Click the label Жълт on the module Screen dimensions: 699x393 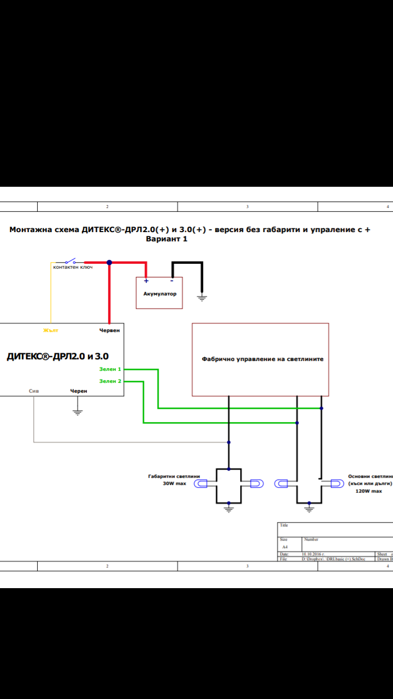[x=51, y=330]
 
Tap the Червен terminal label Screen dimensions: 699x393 [x=109, y=330]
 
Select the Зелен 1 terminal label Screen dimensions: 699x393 [x=110, y=370]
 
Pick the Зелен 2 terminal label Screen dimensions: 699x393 [x=110, y=381]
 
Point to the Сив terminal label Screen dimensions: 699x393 [x=34, y=391]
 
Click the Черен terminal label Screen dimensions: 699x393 [x=79, y=391]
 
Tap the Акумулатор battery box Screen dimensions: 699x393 [x=159, y=293]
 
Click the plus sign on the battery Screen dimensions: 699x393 [x=146, y=281]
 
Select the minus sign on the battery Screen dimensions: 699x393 [x=171, y=281]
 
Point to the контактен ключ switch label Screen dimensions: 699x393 [x=73, y=267]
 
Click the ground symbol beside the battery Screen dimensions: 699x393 [x=203, y=298]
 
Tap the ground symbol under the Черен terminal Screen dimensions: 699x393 [x=78, y=412]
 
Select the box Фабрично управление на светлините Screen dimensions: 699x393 [x=260, y=359]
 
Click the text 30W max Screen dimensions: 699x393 [x=174, y=484]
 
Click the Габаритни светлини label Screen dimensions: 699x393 [x=167, y=476]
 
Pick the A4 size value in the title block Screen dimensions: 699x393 [x=284, y=547]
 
